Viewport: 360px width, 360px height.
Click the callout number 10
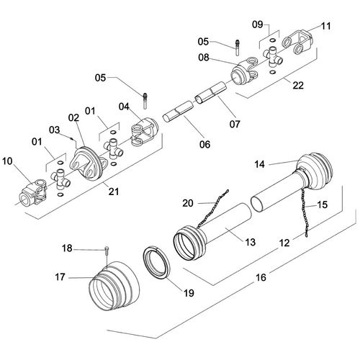tap(7, 161)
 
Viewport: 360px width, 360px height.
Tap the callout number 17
tap(60, 277)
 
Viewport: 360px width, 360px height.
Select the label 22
tap(298, 86)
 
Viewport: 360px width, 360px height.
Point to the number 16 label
tap(261, 278)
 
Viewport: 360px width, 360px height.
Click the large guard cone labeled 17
tap(114, 287)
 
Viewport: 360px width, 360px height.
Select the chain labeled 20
tap(212, 210)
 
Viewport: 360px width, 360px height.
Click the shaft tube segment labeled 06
tap(179, 112)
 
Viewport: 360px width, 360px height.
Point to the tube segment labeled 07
tap(210, 93)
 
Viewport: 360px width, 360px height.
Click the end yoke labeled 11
tap(297, 42)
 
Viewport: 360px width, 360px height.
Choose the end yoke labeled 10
tap(33, 192)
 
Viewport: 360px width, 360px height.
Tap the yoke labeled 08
tap(244, 71)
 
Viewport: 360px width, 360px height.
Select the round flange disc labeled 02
tap(86, 163)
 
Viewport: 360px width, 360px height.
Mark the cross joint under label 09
tap(273, 57)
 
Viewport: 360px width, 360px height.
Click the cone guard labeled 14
tap(315, 172)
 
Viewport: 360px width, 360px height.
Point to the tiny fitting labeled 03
tap(71, 138)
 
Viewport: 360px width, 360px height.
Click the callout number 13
tap(250, 242)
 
